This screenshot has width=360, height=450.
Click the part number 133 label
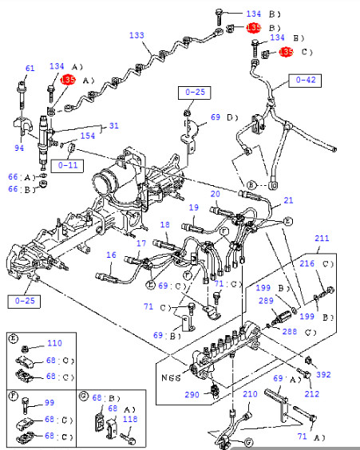(x=137, y=36)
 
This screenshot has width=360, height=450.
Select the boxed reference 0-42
(x=306, y=80)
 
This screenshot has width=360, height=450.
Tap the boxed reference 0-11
(x=65, y=165)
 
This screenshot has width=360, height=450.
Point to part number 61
(x=30, y=69)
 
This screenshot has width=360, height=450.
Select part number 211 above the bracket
(x=322, y=238)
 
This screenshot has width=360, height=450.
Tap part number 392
(x=323, y=373)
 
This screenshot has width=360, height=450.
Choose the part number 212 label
(x=311, y=393)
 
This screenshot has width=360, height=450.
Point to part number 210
(x=250, y=394)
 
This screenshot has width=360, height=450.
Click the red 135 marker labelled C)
(x=287, y=53)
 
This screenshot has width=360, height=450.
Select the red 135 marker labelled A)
(x=68, y=80)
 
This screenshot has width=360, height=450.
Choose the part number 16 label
(x=111, y=255)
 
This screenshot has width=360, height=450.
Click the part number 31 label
(x=113, y=125)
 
